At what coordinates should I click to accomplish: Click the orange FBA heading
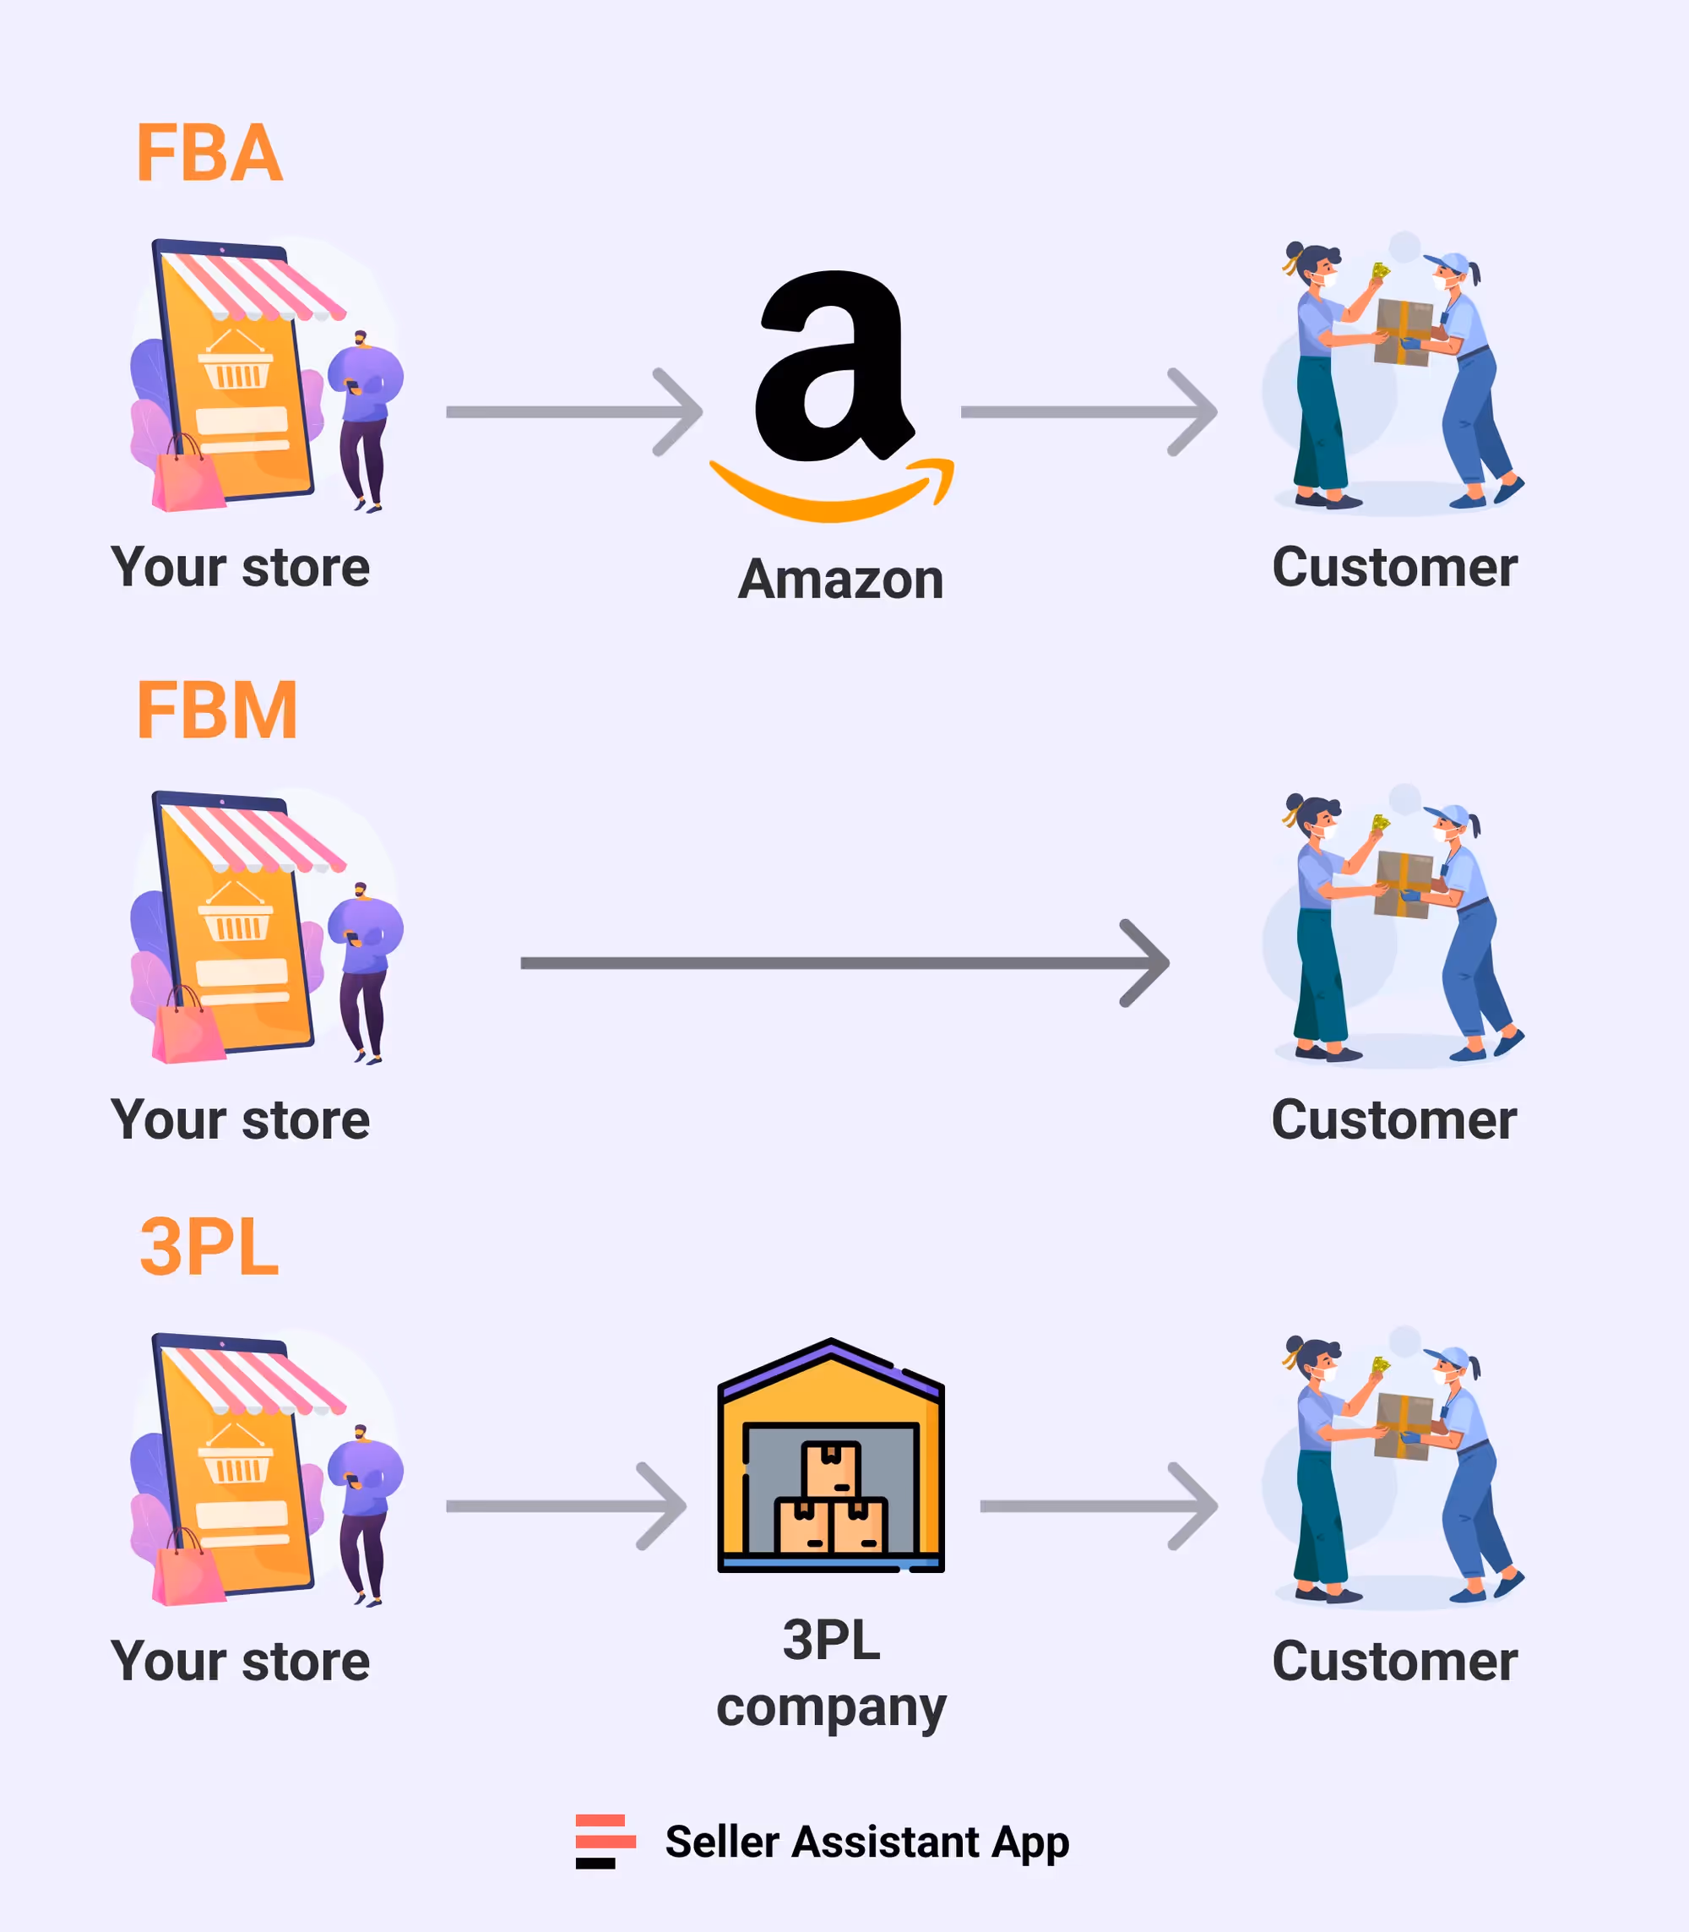click(x=209, y=153)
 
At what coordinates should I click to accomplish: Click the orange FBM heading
click(x=217, y=711)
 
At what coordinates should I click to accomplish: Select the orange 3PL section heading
click(x=209, y=1247)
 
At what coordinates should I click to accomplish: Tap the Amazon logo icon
click(x=831, y=396)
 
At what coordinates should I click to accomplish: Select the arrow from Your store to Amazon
click(x=575, y=412)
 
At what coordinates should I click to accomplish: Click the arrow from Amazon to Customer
click(x=1089, y=412)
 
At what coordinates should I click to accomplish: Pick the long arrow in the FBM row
click(x=844, y=963)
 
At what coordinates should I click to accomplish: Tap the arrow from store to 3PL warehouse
click(x=567, y=1505)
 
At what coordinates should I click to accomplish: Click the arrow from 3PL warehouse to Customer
click(x=1099, y=1505)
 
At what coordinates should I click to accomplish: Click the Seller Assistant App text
click(x=867, y=1842)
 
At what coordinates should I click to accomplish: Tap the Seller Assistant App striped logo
click(x=606, y=1841)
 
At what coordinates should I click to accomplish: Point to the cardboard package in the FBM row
click(x=1404, y=884)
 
